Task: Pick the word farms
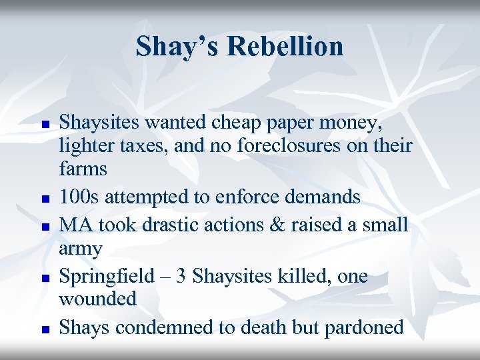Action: click(83, 169)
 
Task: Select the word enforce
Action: click(257, 197)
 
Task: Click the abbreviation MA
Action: click(75, 224)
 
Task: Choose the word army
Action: click(80, 249)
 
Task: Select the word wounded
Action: click(98, 298)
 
